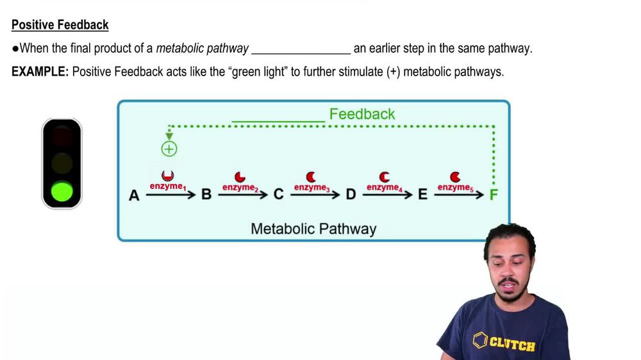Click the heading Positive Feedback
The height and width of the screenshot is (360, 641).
tap(60, 25)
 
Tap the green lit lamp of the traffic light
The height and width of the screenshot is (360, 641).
tap(62, 192)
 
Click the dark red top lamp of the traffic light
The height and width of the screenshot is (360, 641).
tap(62, 136)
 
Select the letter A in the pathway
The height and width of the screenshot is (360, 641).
tap(134, 195)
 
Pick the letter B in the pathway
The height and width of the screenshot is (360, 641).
tap(206, 194)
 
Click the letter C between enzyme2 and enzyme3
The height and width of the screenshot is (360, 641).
tap(278, 194)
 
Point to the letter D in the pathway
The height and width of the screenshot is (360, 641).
tap(351, 194)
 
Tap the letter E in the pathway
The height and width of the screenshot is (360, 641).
tap(422, 194)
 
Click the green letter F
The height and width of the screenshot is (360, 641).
tap(494, 194)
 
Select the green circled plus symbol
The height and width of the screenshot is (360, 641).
tap(169, 149)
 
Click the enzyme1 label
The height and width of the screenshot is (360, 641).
tap(168, 186)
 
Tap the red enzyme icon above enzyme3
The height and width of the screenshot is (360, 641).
tap(311, 176)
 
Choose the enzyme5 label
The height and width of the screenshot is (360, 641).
tap(455, 187)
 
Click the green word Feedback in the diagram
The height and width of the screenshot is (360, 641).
tap(362, 114)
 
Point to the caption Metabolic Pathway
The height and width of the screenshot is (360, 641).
tap(313, 229)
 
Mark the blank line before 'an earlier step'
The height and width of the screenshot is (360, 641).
tap(301, 49)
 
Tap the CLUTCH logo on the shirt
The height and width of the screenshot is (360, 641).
tap(504, 342)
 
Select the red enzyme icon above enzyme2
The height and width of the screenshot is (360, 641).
tap(240, 176)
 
